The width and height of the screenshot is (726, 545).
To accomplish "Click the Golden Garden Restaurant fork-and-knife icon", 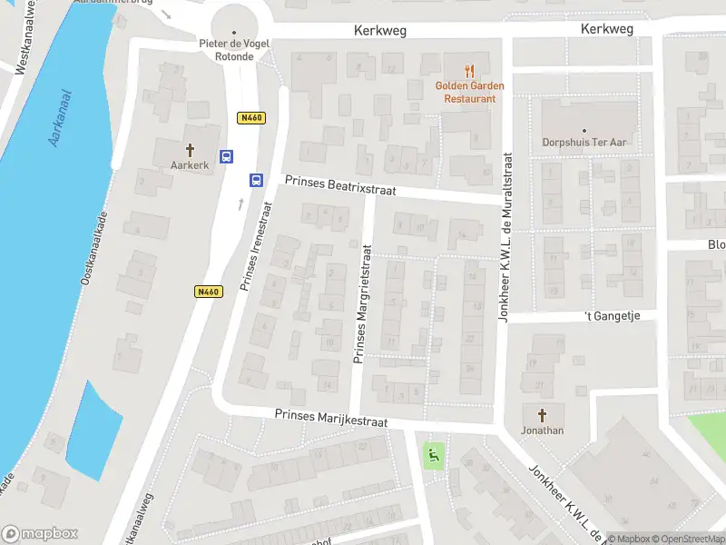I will tap(469, 70).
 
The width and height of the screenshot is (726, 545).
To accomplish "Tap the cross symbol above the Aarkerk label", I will tap(191, 150).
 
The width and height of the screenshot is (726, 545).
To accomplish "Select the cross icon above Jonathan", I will tap(543, 415).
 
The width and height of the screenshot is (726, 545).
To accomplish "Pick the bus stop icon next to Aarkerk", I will tap(227, 156).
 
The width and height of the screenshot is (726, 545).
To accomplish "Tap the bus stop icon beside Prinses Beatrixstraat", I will tap(256, 180).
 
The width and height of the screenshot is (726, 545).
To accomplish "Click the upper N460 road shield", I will tap(250, 118).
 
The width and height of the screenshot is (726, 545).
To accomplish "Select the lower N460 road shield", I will tap(208, 292).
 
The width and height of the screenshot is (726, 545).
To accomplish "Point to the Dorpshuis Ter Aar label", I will tap(584, 143).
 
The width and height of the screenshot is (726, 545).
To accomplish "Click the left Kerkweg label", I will tap(380, 31).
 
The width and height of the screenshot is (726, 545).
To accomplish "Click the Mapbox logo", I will tap(40, 534).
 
